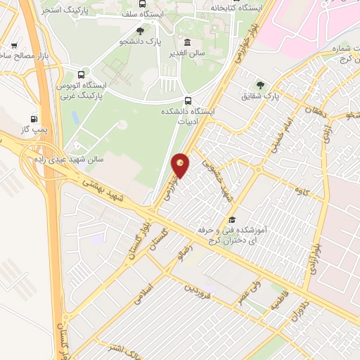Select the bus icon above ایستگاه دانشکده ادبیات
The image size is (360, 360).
point(188,100)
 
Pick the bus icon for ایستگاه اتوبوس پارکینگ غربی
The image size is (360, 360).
point(83,74)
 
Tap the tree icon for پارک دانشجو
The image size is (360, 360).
point(140,31)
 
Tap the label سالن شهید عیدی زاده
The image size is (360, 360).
point(67,159)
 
